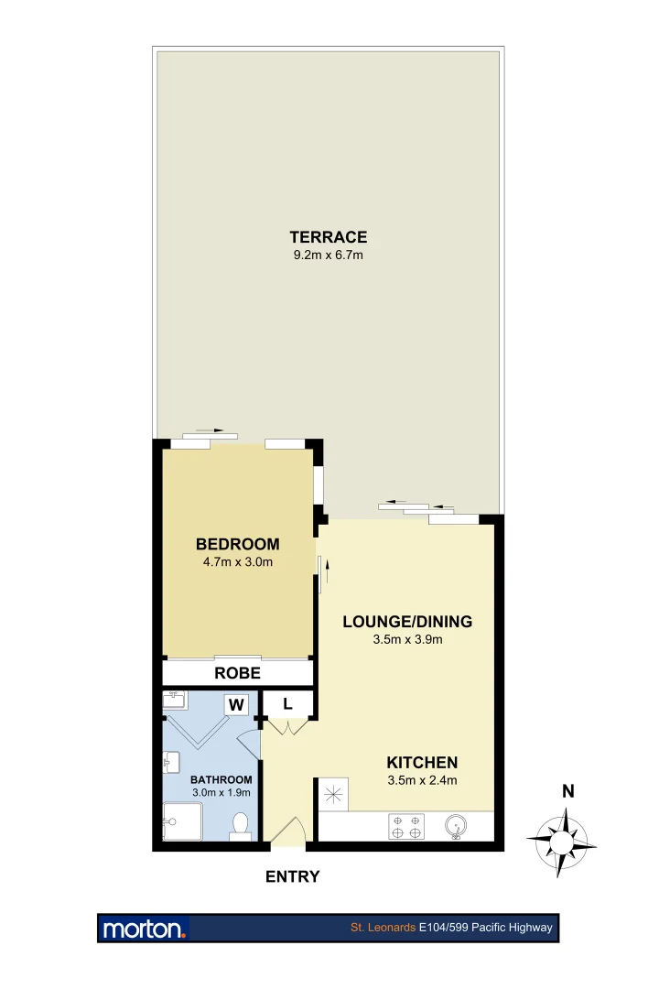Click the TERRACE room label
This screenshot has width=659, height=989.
(329, 237)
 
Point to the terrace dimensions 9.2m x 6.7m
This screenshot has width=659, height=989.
(329, 255)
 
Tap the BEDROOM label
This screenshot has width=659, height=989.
(237, 544)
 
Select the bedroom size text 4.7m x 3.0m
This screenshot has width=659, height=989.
(237, 562)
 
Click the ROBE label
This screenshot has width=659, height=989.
(237, 673)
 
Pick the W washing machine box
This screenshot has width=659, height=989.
(236, 704)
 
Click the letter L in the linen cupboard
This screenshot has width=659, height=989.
(287, 704)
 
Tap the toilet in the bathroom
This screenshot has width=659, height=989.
(241, 825)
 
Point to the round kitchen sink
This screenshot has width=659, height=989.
(456, 827)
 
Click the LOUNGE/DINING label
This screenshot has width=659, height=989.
(407, 622)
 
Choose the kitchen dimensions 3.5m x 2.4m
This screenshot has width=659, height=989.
(421, 780)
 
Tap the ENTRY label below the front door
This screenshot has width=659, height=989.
(292, 876)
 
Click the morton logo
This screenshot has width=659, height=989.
(145, 928)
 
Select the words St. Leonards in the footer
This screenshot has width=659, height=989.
(383, 928)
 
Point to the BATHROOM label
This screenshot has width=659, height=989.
(221, 779)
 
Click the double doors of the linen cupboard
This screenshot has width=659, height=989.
(288, 726)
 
